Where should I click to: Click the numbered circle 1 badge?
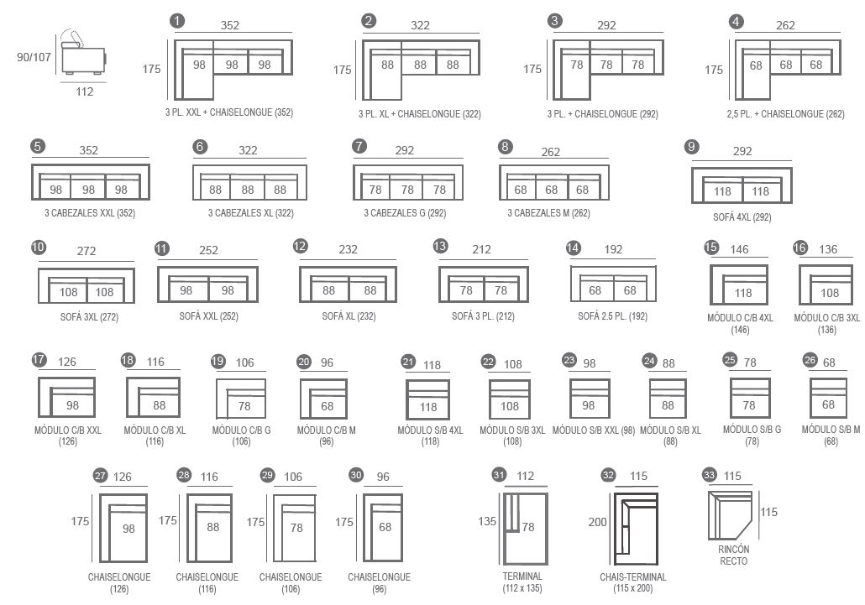177,21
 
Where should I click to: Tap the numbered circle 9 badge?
691,147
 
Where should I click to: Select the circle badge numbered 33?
710,474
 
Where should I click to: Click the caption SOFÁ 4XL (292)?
742,217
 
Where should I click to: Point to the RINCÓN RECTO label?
734,555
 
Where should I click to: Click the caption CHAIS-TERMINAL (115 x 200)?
632,582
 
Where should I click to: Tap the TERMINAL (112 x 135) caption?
522,582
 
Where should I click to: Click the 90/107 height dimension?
34,57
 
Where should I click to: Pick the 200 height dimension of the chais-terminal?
597,522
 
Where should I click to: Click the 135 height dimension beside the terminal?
487,521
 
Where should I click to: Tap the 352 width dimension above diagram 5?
88,150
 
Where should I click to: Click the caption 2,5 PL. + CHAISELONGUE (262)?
785,114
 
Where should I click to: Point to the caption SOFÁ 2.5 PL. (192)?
612,316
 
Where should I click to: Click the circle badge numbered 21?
408,362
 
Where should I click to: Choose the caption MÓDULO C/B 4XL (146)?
741,324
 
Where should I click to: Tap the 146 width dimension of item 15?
739,249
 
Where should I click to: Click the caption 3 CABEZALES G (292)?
405,213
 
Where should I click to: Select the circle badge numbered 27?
100,476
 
